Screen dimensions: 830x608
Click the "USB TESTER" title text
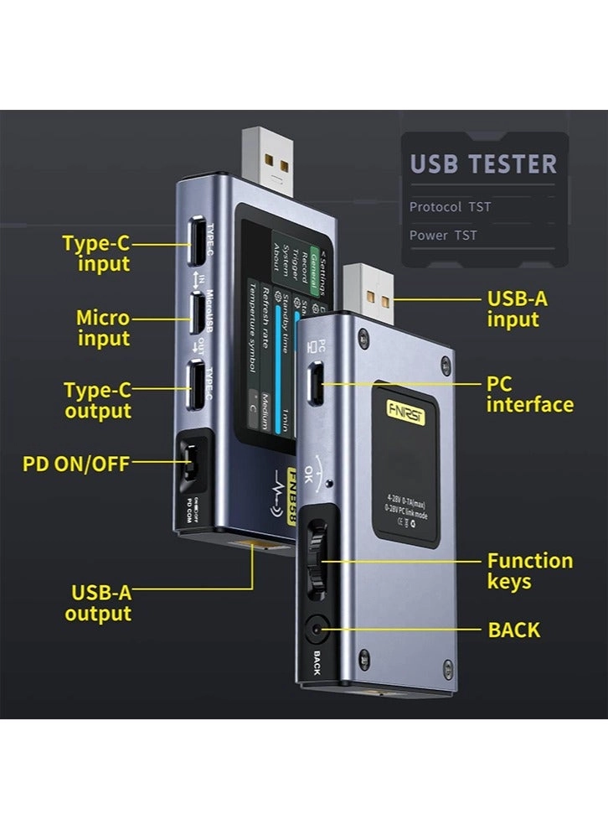[x=483, y=163]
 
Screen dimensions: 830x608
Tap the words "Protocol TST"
[x=450, y=206]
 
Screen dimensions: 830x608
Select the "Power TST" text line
[x=443, y=236]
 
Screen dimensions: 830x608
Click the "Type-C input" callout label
[x=95, y=254]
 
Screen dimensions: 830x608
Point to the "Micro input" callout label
[x=103, y=328]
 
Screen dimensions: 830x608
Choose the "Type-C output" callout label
[x=97, y=401]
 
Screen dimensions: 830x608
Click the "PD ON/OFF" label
[x=76, y=463]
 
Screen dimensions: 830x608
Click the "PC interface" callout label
[x=529, y=395]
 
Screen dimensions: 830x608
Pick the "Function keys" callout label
[x=529, y=571]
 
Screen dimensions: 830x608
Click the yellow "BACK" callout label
[x=513, y=630]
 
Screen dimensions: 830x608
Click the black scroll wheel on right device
[x=317, y=557]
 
